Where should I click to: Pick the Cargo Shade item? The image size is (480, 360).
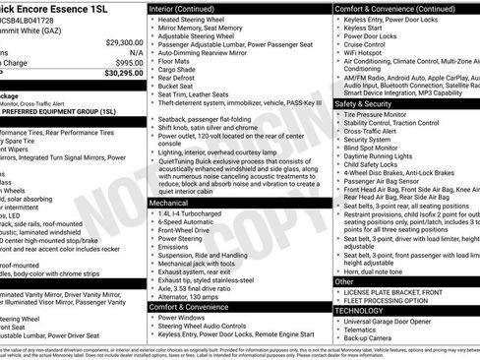pos(180,70)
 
